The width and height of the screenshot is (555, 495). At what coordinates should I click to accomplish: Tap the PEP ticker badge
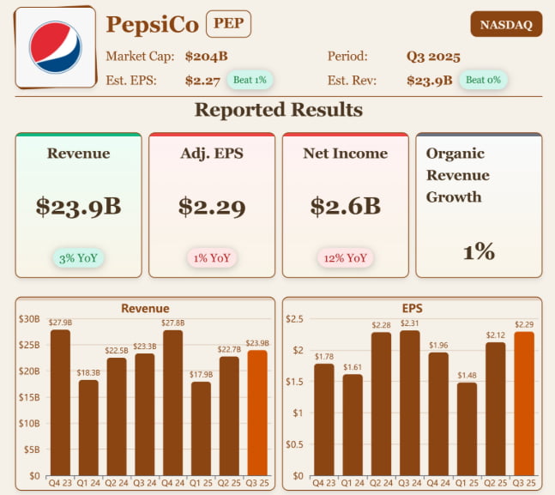coord(229,24)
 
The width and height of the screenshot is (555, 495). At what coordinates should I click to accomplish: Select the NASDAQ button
coord(506,24)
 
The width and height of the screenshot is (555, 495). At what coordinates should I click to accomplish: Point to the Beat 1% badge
coord(250,81)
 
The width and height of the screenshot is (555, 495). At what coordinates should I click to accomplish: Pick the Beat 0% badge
coord(484,81)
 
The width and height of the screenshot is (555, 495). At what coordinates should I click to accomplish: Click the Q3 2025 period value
coord(433,57)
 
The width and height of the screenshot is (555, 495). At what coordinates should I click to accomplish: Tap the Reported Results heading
coord(278,110)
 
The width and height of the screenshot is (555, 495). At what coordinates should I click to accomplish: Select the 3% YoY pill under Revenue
coord(78,257)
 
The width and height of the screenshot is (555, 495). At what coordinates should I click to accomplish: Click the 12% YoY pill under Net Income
coord(345,257)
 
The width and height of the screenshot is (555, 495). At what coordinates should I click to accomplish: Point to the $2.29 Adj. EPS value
coord(212,207)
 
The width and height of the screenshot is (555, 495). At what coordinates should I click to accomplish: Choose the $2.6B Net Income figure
coord(345,207)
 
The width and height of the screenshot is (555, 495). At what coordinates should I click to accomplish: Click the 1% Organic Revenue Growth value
coord(479,251)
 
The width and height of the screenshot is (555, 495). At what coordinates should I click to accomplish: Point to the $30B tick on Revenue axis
coord(28,319)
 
